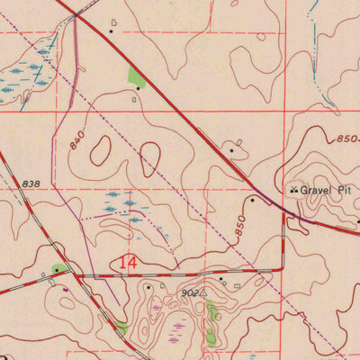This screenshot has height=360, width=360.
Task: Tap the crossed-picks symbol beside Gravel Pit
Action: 293,190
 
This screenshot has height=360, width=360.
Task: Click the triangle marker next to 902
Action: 205,292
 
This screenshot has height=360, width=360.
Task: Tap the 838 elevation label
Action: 31,184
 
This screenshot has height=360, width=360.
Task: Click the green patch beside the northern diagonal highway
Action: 137,78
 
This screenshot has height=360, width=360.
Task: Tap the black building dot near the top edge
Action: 111,31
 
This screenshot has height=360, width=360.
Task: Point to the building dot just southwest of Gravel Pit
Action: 253,200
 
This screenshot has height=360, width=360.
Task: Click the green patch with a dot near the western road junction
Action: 59,268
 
